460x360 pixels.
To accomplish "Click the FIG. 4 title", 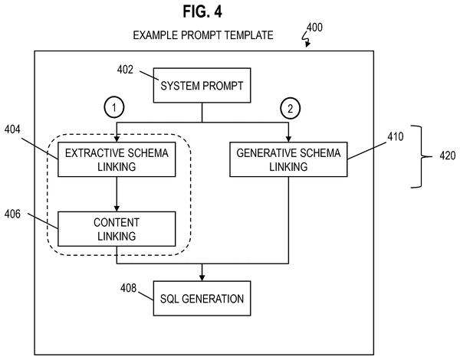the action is click(202, 11).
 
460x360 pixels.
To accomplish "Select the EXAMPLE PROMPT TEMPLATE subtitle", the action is click(203, 35).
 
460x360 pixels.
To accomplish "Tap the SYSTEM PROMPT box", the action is click(202, 85).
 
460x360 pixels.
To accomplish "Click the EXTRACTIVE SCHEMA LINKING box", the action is click(117, 159).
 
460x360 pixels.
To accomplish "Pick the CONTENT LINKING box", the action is click(117, 229).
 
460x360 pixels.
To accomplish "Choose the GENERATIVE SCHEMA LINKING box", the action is click(288, 159).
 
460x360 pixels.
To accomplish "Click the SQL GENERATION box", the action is click(202, 299).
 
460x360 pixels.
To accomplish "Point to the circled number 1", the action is click(114, 107).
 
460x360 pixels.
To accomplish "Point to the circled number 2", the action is click(290, 109).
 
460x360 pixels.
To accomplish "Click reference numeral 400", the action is click(314, 28).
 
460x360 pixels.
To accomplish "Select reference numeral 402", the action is click(125, 70).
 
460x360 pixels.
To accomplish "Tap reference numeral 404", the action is click(12, 129).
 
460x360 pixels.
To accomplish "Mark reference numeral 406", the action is click(12, 214).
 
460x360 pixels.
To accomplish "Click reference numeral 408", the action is click(129, 288).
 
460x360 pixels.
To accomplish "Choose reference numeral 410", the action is click(396, 136).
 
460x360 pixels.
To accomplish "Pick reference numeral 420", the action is click(448, 155).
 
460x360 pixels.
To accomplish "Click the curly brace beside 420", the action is click(422, 156).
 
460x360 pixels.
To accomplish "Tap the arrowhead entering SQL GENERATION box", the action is click(202, 278).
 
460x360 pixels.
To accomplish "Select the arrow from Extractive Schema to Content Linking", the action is click(117, 194).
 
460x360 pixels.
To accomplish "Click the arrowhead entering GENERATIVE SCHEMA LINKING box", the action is click(288, 139).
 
